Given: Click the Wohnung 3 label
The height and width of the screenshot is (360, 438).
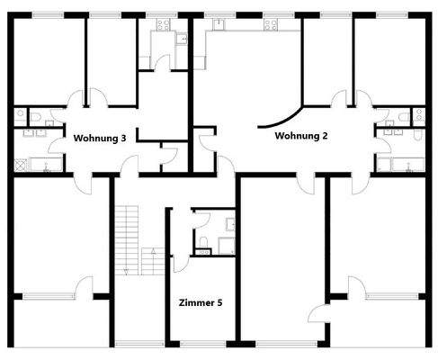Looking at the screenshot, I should tap(104, 138).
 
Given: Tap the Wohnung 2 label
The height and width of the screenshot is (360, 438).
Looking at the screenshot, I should tap(300, 137).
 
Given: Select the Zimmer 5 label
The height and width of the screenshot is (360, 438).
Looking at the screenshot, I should tap(201, 302).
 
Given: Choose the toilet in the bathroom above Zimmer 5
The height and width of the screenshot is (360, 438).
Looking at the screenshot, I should tap(202, 239).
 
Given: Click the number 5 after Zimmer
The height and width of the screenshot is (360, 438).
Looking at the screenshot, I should tap(219, 302).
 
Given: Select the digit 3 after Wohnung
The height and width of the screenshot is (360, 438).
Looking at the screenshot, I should tap(134, 138).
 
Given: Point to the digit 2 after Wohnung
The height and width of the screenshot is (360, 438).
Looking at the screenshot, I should tap(325, 137).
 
